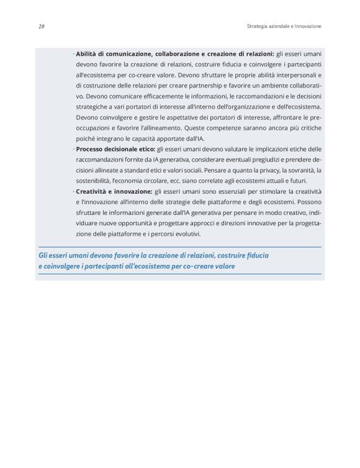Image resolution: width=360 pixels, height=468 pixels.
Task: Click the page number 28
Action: click(x=40, y=27)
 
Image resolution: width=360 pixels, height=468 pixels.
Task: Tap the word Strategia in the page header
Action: click(x=258, y=27)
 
